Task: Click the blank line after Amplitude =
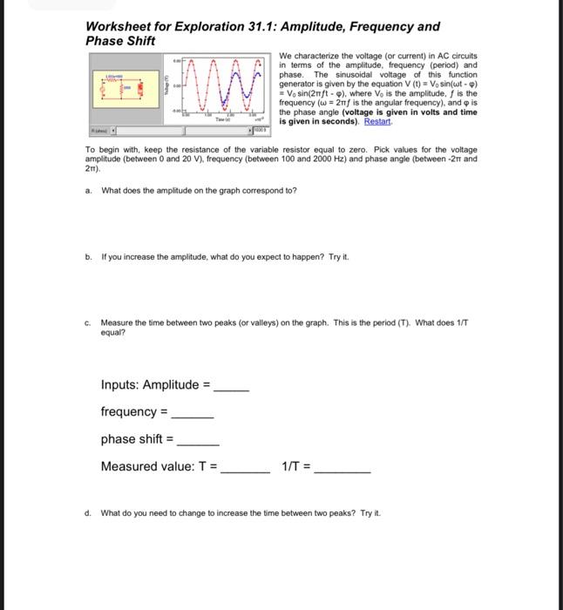[x=232, y=386]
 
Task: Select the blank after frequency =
[x=193, y=412]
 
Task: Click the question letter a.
[x=89, y=190]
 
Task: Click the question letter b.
[x=89, y=257]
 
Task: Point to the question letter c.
[x=89, y=322]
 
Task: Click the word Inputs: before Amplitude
[x=120, y=385]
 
